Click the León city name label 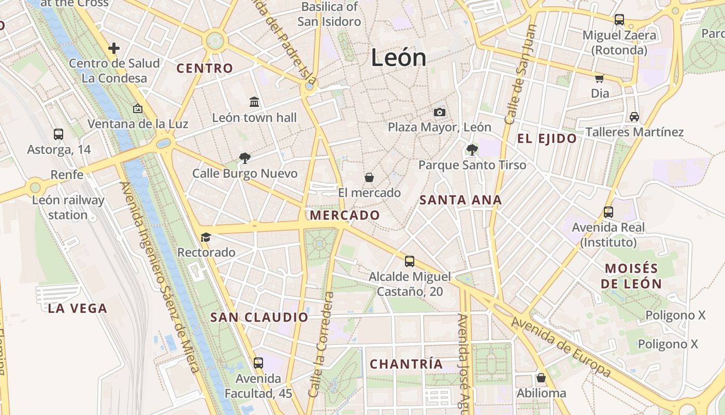(399, 58)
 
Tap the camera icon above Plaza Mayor (439, 112)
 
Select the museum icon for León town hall (254, 102)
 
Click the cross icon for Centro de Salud (114, 48)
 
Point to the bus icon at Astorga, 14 (59, 134)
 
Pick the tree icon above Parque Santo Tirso (472, 150)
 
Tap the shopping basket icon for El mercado (369, 177)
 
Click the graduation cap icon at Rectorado (206, 237)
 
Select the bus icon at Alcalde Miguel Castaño (410, 261)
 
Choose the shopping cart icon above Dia (600, 78)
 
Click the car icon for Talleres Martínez (634, 117)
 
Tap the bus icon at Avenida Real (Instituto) (608, 212)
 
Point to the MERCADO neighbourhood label (344, 215)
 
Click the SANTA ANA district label (460, 200)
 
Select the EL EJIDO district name (547, 139)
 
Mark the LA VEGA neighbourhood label (78, 309)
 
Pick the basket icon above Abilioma (541, 377)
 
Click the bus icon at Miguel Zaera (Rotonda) (619, 20)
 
